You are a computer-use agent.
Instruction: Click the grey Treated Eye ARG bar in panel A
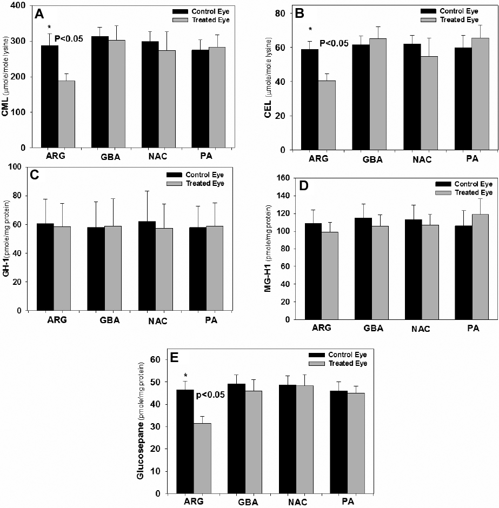point(66,114)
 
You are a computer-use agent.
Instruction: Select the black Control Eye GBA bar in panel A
point(100,92)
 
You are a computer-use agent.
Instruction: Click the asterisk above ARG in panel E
point(185,376)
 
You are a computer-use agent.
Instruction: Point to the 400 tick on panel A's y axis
point(25,6)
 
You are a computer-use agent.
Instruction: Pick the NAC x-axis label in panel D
point(420,329)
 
